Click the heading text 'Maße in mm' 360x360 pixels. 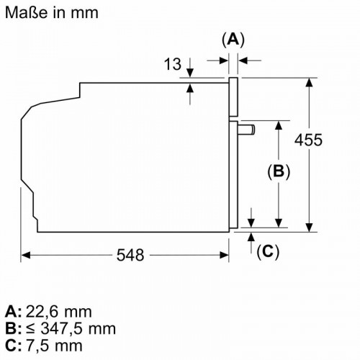[x=52, y=12]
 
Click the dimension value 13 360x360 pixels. [x=173, y=64]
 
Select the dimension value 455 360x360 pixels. [x=308, y=140]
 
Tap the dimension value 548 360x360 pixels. [x=130, y=255]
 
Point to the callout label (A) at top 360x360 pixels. [x=233, y=40]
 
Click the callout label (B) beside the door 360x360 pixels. [x=279, y=171]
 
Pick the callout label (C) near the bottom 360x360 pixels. [x=268, y=252]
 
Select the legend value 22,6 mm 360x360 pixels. [x=58, y=312]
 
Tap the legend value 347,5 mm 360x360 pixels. [x=78, y=329]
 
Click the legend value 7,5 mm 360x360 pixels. [x=54, y=346]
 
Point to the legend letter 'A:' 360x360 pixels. [x=13, y=312]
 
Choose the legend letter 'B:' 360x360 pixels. [x=13, y=329]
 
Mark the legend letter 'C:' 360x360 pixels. [x=13, y=346]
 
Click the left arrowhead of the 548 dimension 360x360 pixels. [x=25, y=255]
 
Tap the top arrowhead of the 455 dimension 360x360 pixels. [x=309, y=82]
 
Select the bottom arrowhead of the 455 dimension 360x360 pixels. [x=309, y=228]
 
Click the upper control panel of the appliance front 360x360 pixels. [x=233, y=97]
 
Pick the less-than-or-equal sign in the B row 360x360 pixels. [x=30, y=329]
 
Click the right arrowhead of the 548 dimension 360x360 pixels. [x=224, y=255]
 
